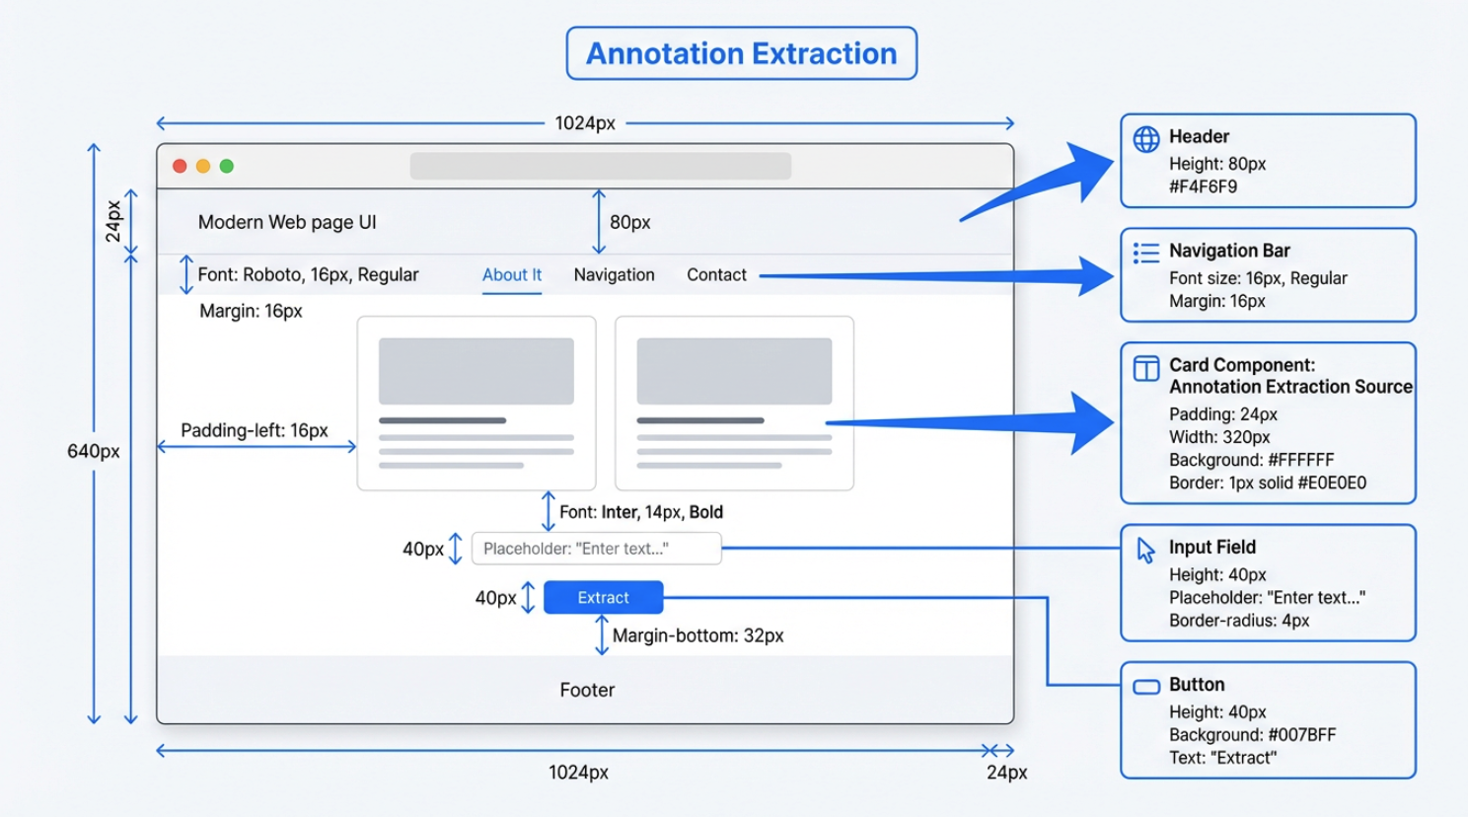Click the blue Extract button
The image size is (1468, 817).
(x=603, y=598)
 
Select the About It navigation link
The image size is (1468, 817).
(x=511, y=275)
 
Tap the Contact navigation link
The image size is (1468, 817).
(x=716, y=275)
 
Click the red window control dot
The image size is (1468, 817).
(x=180, y=166)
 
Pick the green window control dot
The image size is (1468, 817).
(x=227, y=166)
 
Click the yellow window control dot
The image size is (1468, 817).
(x=203, y=166)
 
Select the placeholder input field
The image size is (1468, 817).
(x=596, y=549)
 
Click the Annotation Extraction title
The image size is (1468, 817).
(x=741, y=53)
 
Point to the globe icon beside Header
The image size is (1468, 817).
(x=1146, y=139)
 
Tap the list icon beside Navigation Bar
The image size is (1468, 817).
(x=1146, y=254)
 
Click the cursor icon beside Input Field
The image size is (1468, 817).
(x=1145, y=550)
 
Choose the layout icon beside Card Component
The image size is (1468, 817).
(x=1146, y=368)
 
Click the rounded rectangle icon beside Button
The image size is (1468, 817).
(x=1146, y=687)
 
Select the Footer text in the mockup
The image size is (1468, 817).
(x=587, y=691)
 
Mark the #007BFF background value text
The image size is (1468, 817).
(x=1301, y=735)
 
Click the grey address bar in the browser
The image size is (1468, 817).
(x=600, y=166)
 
